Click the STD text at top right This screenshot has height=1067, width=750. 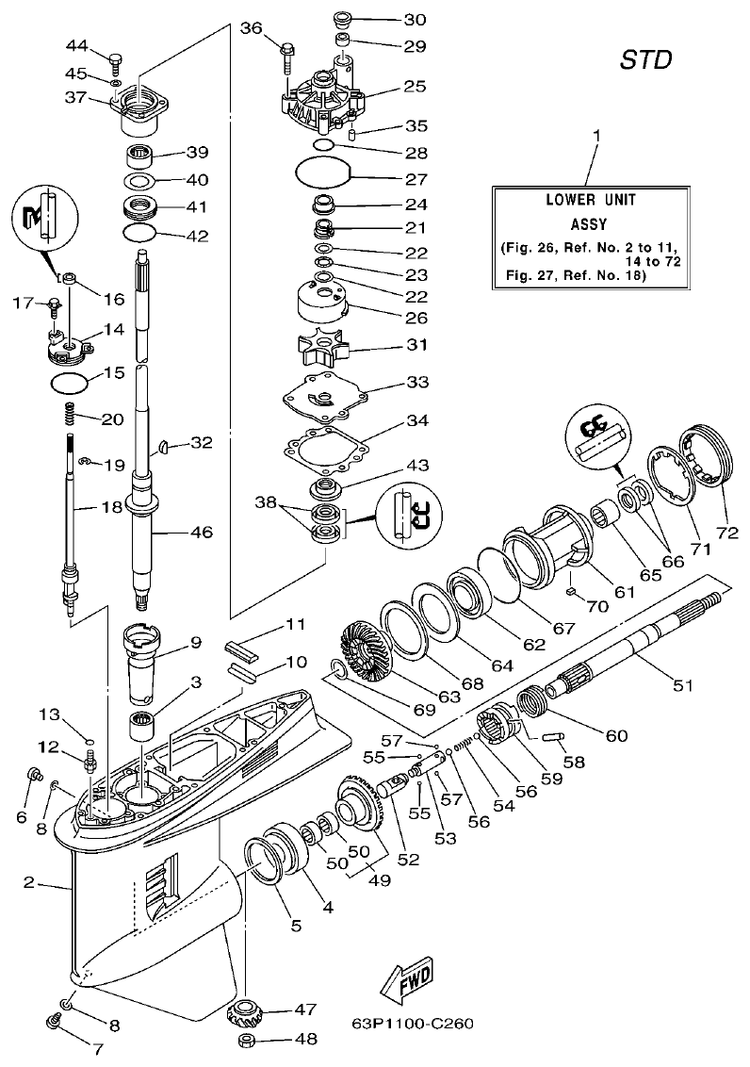coord(645,61)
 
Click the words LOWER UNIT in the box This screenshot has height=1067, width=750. coord(591,201)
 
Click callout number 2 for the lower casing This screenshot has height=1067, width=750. coord(29,883)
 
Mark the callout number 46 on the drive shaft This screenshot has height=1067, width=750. coord(201,533)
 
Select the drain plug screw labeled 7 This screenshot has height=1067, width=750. coord(56,1022)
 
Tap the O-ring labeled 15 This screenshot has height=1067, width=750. coord(70,383)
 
